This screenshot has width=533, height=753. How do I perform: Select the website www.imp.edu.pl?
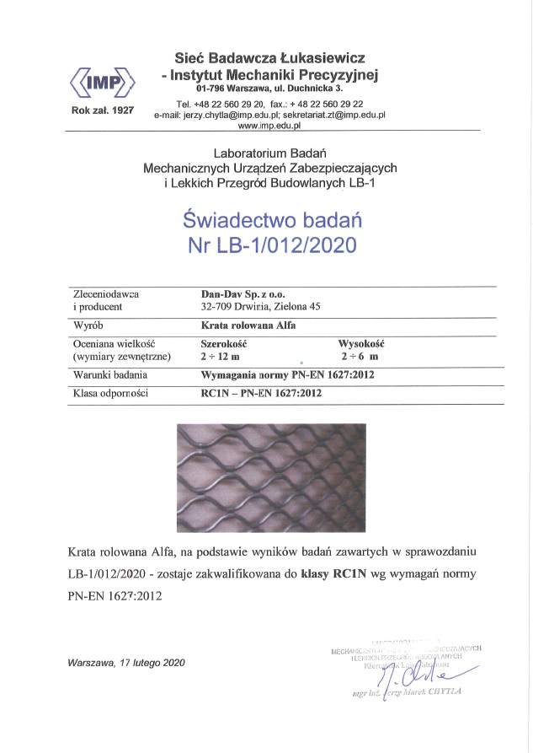(x=269, y=125)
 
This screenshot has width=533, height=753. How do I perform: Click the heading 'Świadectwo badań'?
(x=271, y=220)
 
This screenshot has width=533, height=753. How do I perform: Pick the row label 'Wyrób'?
(x=87, y=324)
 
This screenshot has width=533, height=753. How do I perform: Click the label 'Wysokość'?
(x=361, y=344)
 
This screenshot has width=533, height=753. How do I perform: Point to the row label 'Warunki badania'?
(x=111, y=374)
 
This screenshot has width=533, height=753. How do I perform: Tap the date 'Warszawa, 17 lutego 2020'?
(x=126, y=662)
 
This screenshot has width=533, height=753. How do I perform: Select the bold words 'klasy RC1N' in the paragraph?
(x=333, y=574)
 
